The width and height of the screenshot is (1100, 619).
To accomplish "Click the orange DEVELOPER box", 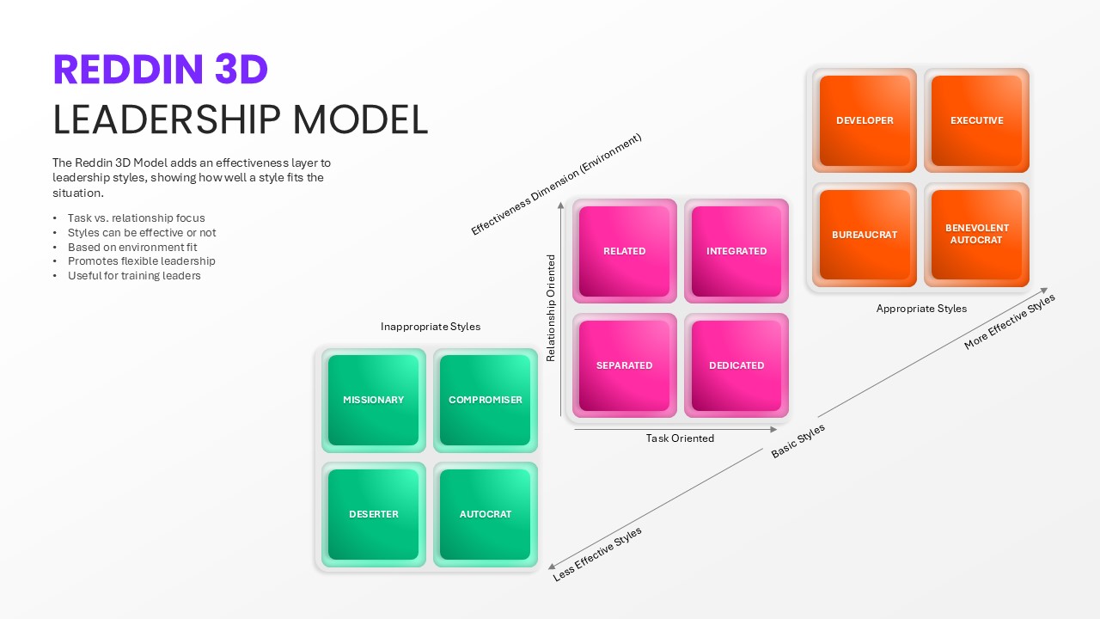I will coord(865,120).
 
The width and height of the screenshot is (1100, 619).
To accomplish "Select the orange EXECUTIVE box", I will coord(976,120).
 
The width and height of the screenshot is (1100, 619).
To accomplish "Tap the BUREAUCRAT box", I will coord(865,235).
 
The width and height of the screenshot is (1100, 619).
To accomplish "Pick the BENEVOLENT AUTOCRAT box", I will coord(976,235).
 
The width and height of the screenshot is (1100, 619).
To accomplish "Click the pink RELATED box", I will coord(624,251).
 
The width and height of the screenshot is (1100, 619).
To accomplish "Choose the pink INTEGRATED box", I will coord(736,251).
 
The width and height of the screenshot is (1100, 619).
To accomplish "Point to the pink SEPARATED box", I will coord(624,365).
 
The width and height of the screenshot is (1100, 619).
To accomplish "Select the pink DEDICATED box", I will coord(736,365).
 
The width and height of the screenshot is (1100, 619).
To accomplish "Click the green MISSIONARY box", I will coord(373,400).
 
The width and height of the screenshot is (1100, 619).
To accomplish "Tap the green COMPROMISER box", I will coord(486,400).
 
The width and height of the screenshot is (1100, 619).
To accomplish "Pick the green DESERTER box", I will coord(373,514).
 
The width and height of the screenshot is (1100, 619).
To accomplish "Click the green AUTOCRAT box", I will coord(486,514).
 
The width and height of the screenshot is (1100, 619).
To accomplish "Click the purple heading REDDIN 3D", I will coord(161,70).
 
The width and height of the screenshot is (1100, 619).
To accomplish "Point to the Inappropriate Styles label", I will coord(431,327).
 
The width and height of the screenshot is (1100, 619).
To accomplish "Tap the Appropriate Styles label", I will coord(921,309).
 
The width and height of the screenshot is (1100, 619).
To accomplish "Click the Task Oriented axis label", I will coord(680,438).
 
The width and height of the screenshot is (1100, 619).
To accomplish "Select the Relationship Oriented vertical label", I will coord(551,308).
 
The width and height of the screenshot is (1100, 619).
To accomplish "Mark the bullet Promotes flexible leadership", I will coord(142,261).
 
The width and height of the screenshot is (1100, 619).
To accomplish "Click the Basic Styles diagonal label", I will coord(798,441).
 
